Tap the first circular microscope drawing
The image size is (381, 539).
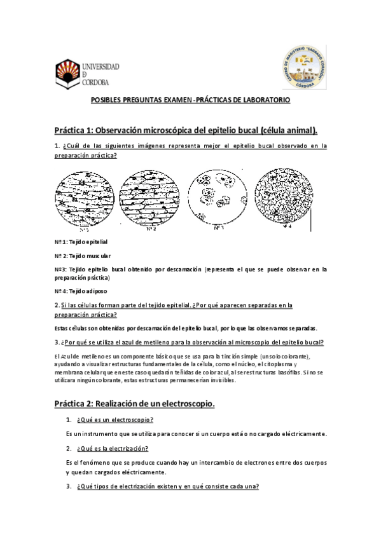85,198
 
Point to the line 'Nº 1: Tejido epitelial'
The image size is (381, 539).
81,243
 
